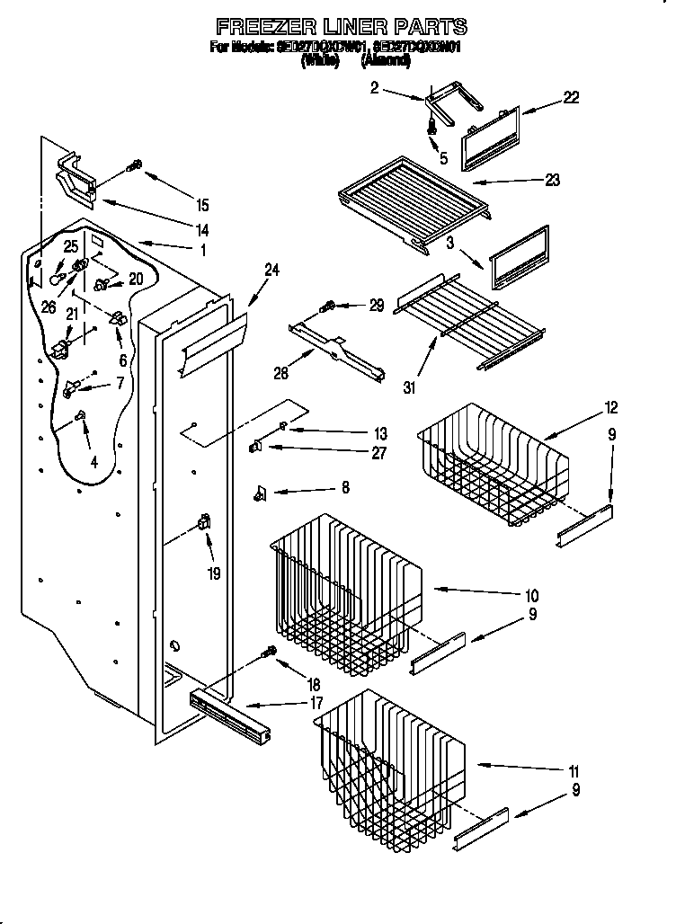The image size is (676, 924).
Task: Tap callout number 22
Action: click(x=571, y=98)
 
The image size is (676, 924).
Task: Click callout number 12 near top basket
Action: click(x=611, y=408)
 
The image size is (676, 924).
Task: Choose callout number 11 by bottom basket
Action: click(x=573, y=771)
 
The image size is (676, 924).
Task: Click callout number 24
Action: click(x=271, y=269)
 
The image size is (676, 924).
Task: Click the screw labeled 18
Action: click(x=268, y=654)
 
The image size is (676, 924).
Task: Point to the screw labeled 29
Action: click(x=330, y=307)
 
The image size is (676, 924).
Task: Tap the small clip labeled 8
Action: click(x=262, y=492)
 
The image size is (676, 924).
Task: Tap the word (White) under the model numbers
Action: click(x=320, y=61)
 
